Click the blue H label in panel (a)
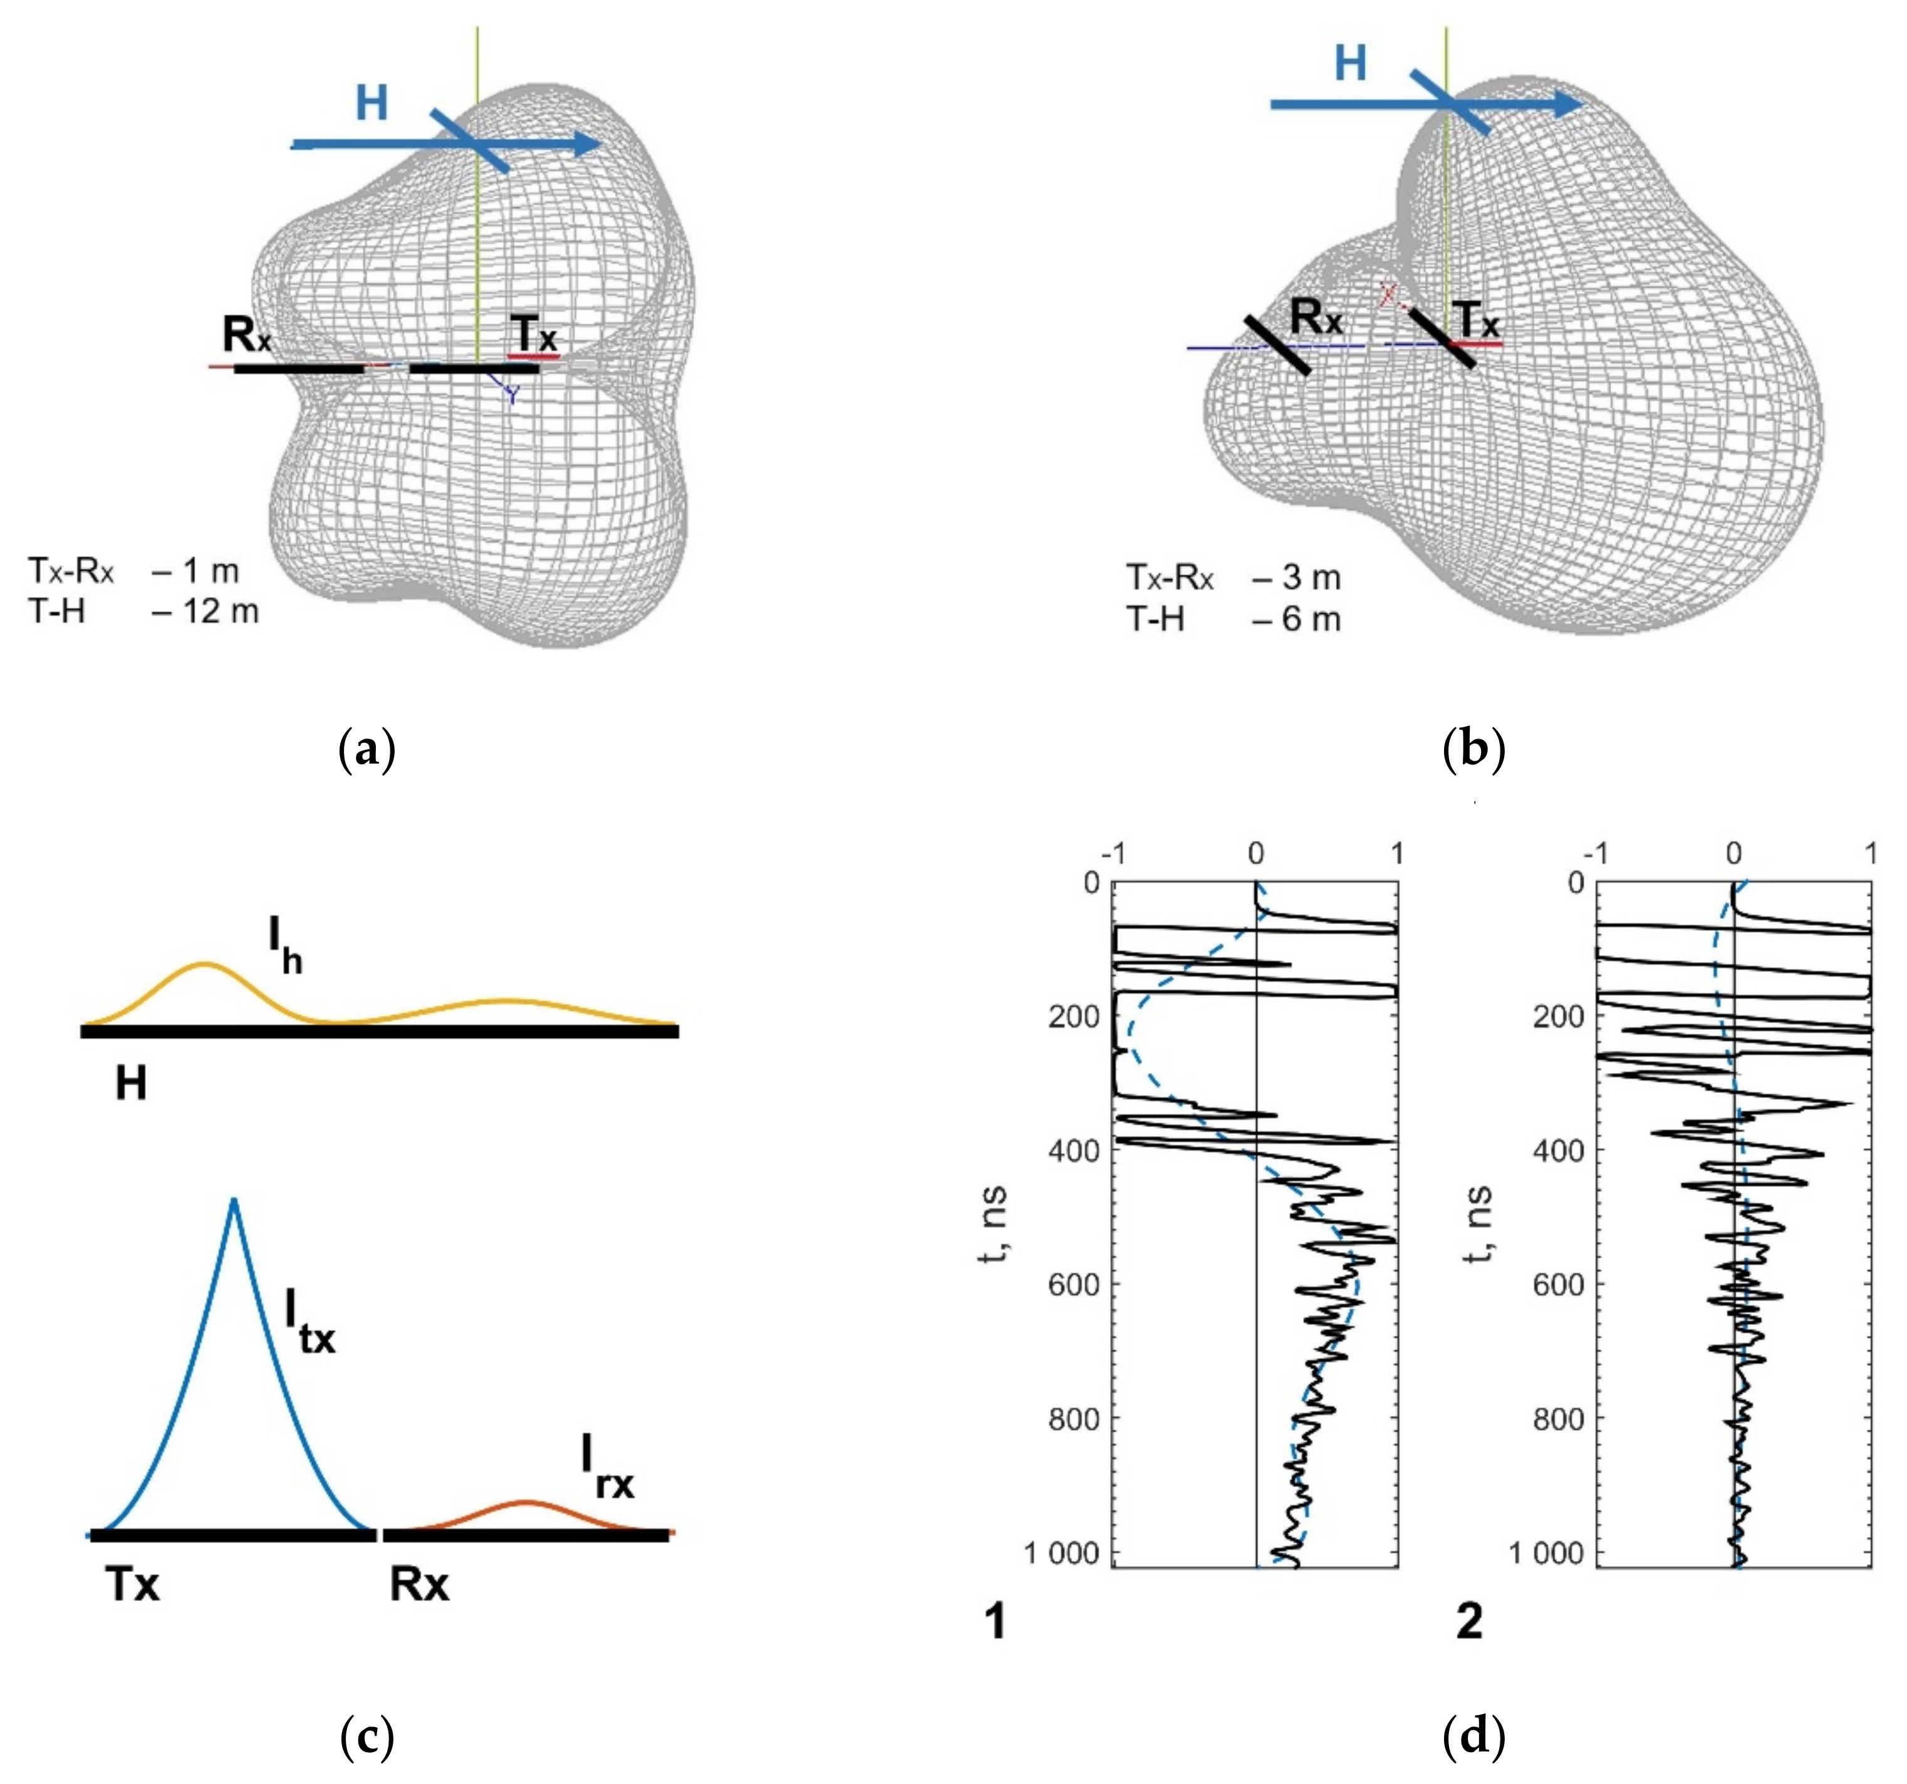coord(372,103)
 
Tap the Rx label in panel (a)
coord(247,334)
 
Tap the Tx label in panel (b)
coord(1475,319)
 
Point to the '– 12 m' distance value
coord(205,611)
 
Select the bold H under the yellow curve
coord(132,1084)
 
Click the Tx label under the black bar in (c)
coord(132,1585)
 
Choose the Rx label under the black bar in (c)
coord(419,1585)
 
